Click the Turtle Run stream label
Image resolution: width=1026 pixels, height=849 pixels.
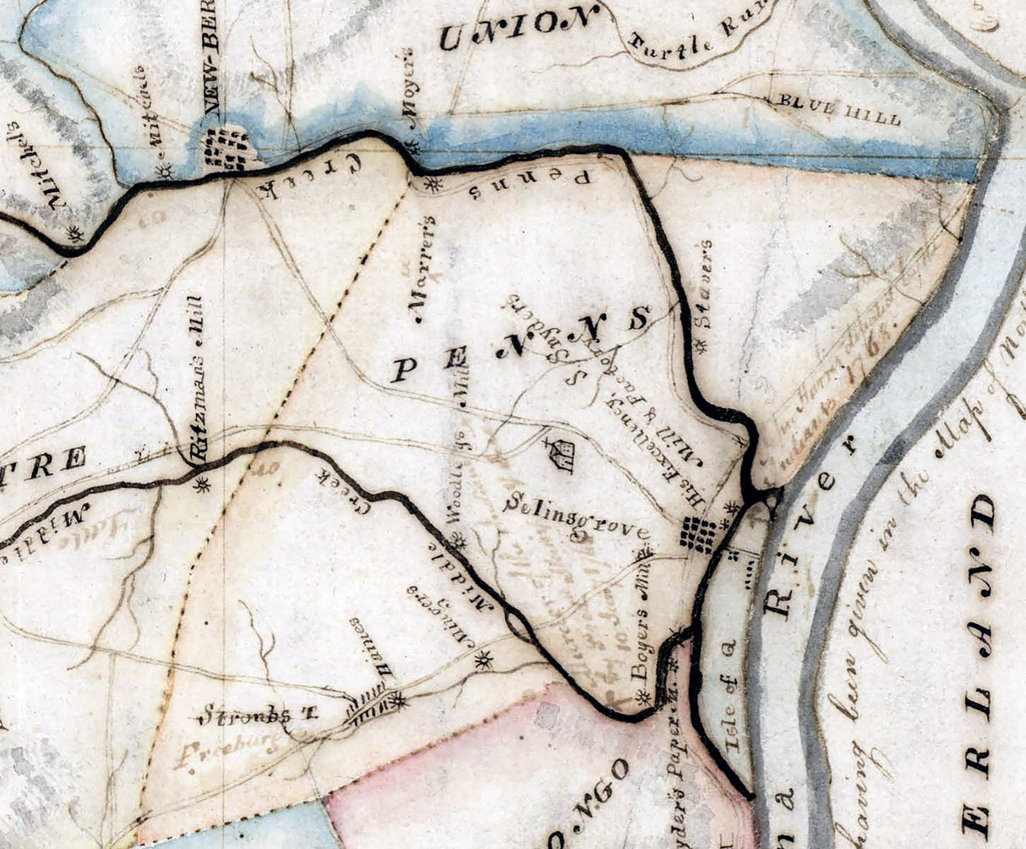tap(690, 39)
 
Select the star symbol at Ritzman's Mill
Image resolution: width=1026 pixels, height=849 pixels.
tap(201, 485)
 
